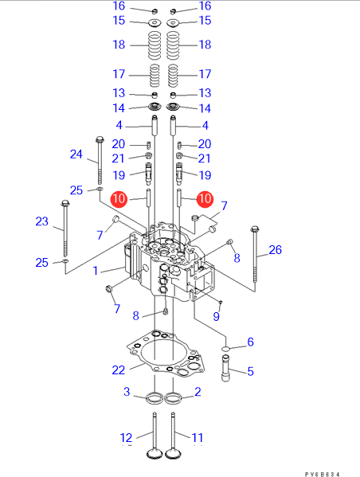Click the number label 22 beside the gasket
(x=119, y=370)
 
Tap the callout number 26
(x=275, y=250)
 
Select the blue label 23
(x=41, y=221)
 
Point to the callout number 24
(x=76, y=154)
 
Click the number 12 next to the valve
(x=127, y=438)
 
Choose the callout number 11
(x=198, y=438)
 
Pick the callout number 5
(x=250, y=371)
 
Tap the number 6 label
(x=250, y=342)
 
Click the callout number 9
(x=216, y=316)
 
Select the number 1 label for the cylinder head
(x=96, y=271)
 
